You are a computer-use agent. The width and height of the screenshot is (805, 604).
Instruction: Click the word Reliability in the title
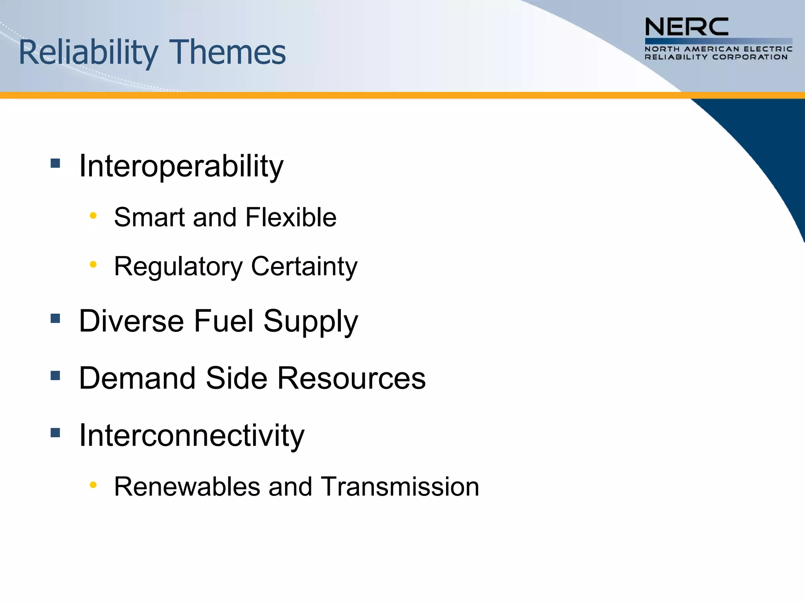pyautogui.click(x=88, y=53)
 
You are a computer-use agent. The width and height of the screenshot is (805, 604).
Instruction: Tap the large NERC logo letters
pyautogui.click(x=686, y=27)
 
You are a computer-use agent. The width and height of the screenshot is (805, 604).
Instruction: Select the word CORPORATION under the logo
pyautogui.click(x=750, y=57)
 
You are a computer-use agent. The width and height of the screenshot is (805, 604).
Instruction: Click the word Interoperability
pyautogui.click(x=181, y=167)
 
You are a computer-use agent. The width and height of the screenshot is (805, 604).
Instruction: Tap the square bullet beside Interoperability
pyautogui.click(x=55, y=163)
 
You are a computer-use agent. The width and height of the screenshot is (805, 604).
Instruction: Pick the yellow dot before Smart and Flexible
pyautogui.click(x=93, y=215)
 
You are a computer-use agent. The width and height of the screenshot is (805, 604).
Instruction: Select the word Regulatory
pyautogui.click(x=178, y=267)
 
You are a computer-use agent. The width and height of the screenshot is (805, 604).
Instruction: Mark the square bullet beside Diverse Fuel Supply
pyautogui.click(x=55, y=318)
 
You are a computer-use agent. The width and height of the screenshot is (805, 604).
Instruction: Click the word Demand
pyautogui.click(x=137, y=378)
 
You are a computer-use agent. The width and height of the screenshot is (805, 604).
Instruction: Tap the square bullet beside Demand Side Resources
pyautogui.click(x=55, y=376)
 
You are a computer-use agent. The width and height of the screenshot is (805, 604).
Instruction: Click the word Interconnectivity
pyautogui.click(x=191, y=436)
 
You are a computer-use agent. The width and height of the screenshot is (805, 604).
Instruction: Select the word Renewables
pyautogui.click(x=187, y=487)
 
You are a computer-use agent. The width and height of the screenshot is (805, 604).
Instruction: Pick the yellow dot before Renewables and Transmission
pyautogui.click(x=93, y=485)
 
